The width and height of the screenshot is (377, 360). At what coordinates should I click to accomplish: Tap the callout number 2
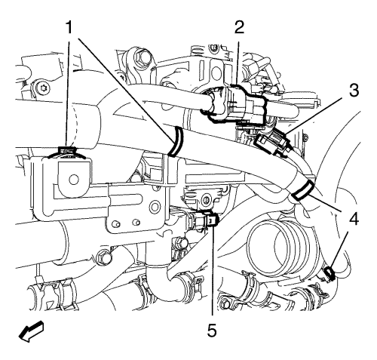tap(239, 27)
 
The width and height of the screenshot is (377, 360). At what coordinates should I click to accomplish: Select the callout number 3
tap(354, 90)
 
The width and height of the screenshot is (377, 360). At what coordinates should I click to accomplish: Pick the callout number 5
tap(212, 330)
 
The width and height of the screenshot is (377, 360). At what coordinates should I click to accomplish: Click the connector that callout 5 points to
tap(203, 218)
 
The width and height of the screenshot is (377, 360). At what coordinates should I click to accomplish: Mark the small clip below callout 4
tap(329, 274)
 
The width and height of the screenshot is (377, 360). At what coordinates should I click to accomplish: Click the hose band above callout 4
tap(302, 190)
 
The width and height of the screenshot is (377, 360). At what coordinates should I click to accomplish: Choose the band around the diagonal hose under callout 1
tap(176, 142)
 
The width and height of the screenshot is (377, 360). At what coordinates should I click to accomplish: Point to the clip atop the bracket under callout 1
tap(67, 152)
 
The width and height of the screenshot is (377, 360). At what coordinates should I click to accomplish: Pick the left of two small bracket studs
tap(116, 223)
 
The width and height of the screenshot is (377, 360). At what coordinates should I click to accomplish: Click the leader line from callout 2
tap(238, 63)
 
